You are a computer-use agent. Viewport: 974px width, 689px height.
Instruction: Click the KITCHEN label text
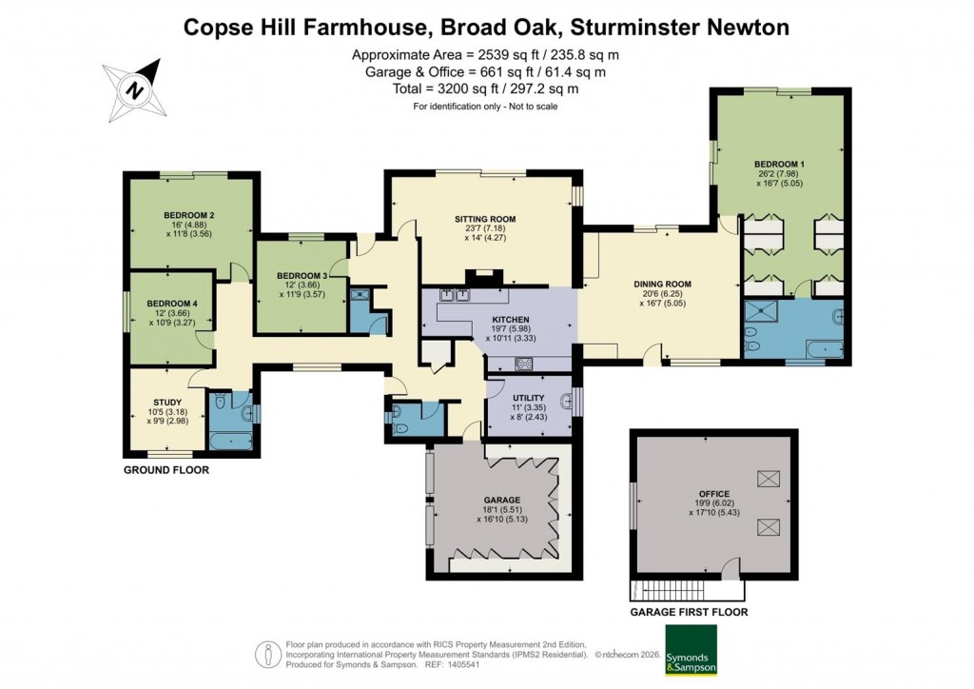(x=511, y=319)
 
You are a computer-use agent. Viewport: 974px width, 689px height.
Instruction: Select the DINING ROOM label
(x=662, y=285)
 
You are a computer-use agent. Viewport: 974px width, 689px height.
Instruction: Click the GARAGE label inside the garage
(x=501, y=500)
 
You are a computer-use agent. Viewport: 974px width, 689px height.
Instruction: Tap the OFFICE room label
(x=713, y=494)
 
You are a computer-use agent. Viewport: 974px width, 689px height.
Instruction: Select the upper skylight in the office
(x=766, y=479)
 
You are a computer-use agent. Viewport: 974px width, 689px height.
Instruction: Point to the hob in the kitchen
(x=522, y=363)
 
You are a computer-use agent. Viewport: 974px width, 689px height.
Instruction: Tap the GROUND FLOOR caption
(x=166, y=470)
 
